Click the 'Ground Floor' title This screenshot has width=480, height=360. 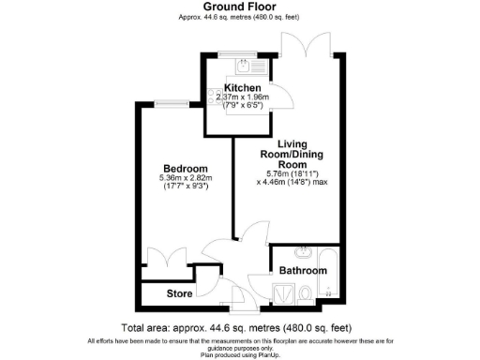pyautogui.click(x=239, y=7)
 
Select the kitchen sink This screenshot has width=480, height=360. pyautogui.click(x=244, y=65)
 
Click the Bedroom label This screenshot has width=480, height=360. pyautogui.click(x=186, y=169)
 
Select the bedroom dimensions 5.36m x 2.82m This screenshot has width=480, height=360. pyautogui.click(x=186, y=179)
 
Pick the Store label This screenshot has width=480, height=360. pyautogui.click(x=180, y=293)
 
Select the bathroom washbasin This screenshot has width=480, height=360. pyautogui.click(x=303, y=252)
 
